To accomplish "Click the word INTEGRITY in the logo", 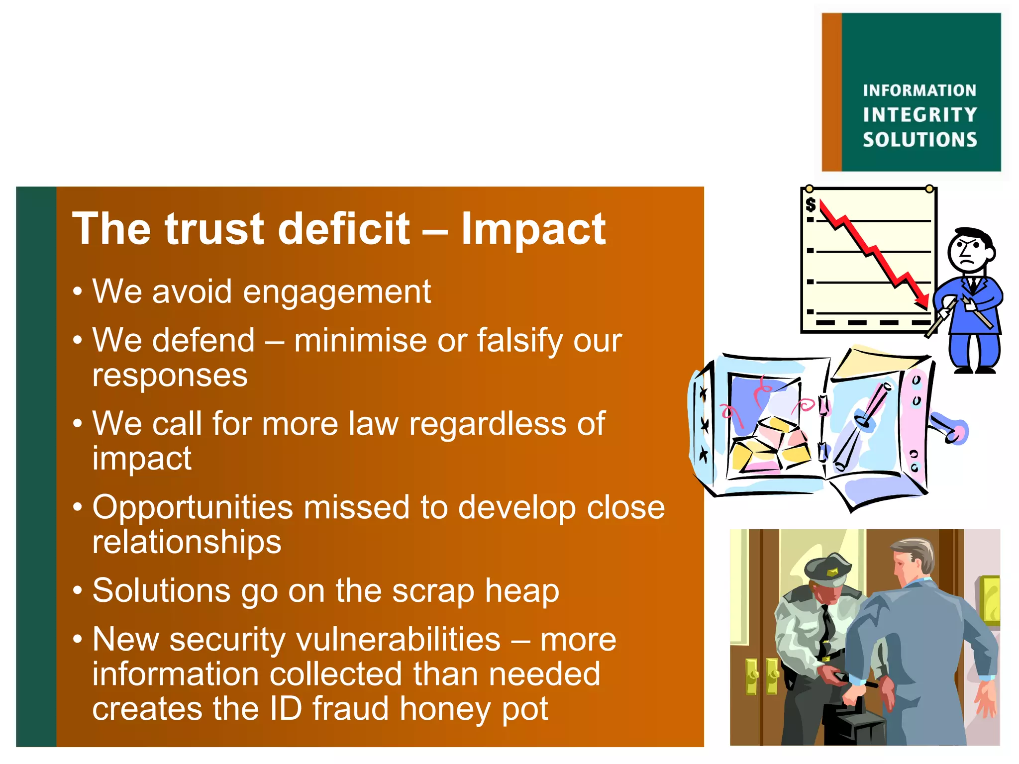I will coord(919,115).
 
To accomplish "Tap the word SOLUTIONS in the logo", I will coord(919,140).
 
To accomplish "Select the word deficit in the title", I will coord(344,229).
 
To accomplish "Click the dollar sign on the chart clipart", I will coord(811,204).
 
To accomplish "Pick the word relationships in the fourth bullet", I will coord(187,542).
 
